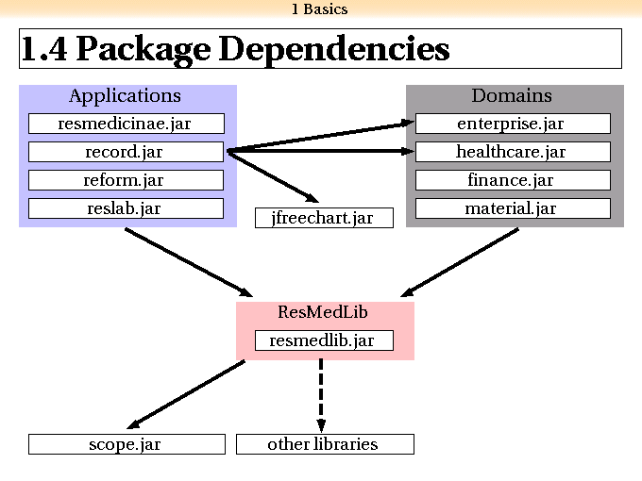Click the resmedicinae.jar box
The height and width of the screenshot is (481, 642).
[127, 124]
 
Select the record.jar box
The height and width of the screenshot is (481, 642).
[127, 152]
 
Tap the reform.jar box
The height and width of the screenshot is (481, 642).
[127, 180]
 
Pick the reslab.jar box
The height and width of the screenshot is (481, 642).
[127, 208]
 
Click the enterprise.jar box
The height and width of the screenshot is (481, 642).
[513, 124]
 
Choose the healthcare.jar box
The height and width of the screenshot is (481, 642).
[513, 152]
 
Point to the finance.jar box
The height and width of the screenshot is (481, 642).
[513, 180]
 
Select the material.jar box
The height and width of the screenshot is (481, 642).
[513, 208]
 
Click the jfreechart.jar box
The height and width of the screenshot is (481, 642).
[324, 218]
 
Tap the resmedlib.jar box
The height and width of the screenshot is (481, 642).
[324, 340]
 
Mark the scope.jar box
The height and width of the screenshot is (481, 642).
[127, 444]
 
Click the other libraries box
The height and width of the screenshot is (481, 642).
[325, 444]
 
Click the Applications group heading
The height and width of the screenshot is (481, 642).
[125, 96]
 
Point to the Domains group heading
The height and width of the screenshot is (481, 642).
[512, 95]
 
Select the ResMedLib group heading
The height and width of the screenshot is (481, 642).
[323, 312]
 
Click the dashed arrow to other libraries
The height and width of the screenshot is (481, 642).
[321, 395]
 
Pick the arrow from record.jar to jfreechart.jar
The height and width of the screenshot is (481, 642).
[273, 176]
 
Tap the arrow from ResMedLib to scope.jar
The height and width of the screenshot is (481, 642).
[186, 394]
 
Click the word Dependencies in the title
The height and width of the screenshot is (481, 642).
[334, 49]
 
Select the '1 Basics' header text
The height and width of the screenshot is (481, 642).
[320, 9]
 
